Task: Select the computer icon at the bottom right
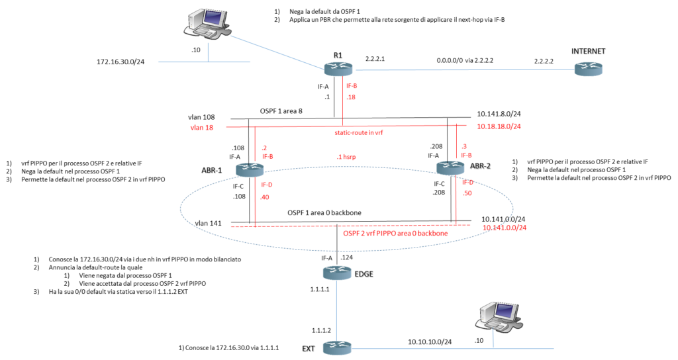499,316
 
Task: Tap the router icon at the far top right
589,68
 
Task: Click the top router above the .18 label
338,69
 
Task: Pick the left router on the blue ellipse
250,169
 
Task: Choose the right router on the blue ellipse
450,167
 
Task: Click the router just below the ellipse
337,272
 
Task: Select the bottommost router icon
337,347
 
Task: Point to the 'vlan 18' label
201,126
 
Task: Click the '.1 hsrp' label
347,157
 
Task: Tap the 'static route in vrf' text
359,132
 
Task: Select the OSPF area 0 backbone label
395,234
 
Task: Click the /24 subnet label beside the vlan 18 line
499,126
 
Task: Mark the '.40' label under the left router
266,197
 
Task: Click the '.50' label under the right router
467,193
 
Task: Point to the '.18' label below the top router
351,97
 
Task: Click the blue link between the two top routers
463,69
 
